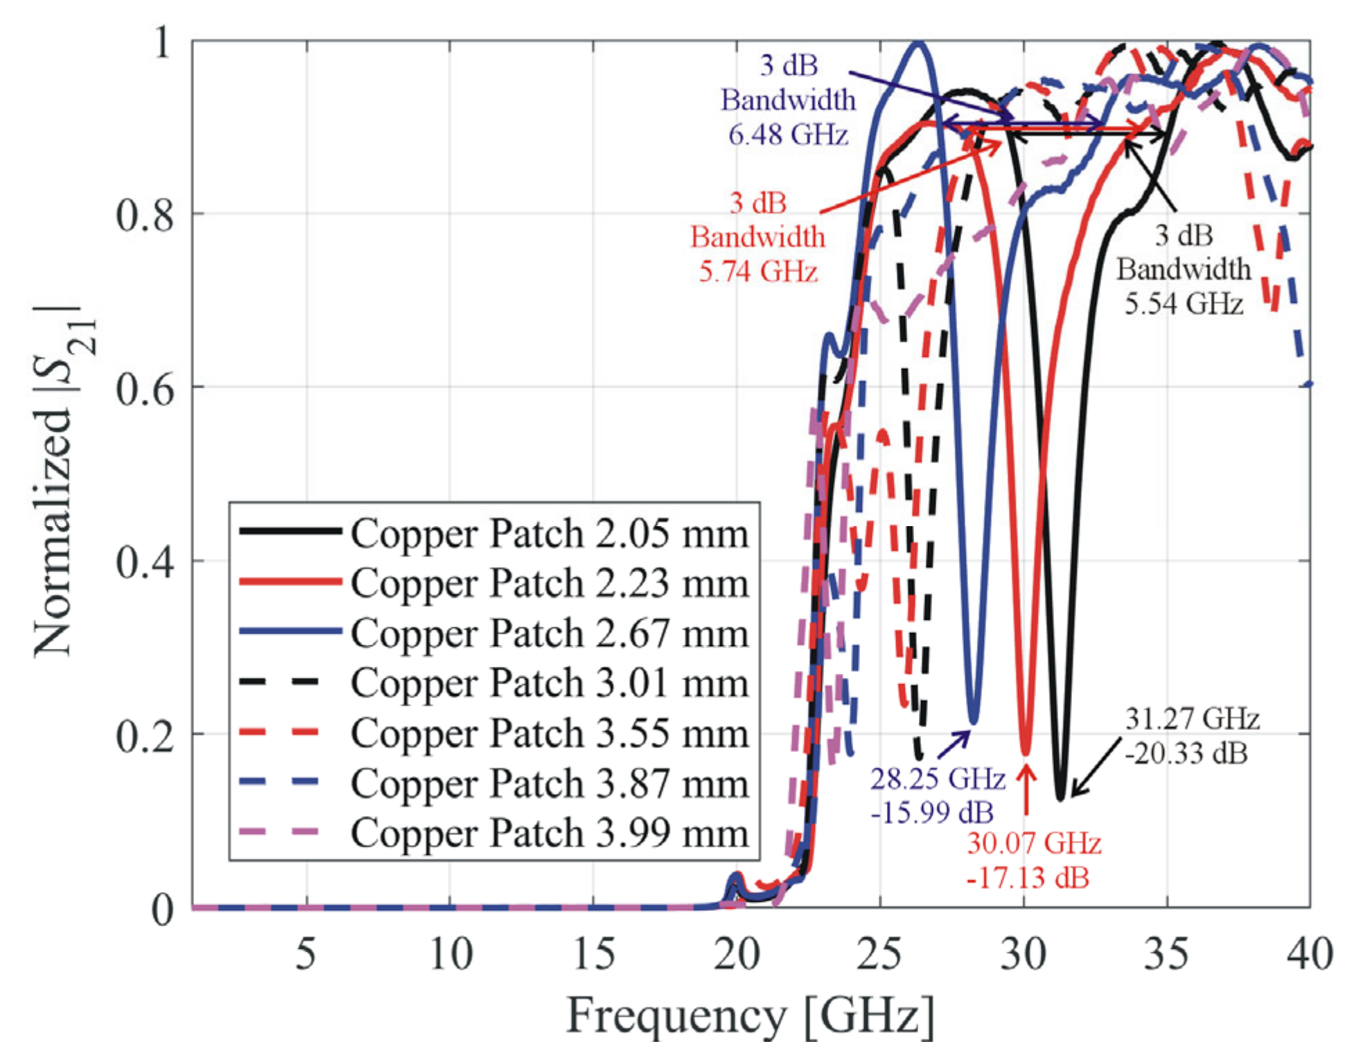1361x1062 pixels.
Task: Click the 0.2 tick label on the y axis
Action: coord(144,735)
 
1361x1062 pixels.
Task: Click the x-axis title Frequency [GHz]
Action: coord(750,1016)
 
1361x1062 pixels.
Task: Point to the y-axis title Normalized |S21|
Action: coord(62,478)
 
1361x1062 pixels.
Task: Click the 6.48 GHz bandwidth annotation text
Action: coord(788,134)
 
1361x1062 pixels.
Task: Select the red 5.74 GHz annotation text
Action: coord(757,271)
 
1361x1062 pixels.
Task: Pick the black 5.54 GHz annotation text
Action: coord(1184,304)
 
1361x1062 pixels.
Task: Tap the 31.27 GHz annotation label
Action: coord(1192,719)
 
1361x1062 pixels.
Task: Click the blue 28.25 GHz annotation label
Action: coord(937,779)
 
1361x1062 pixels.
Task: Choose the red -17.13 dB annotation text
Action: coord(1028,878)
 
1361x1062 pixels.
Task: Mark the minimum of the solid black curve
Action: coord(1060,799)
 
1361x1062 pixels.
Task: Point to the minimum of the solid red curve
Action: coord(1026,753)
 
